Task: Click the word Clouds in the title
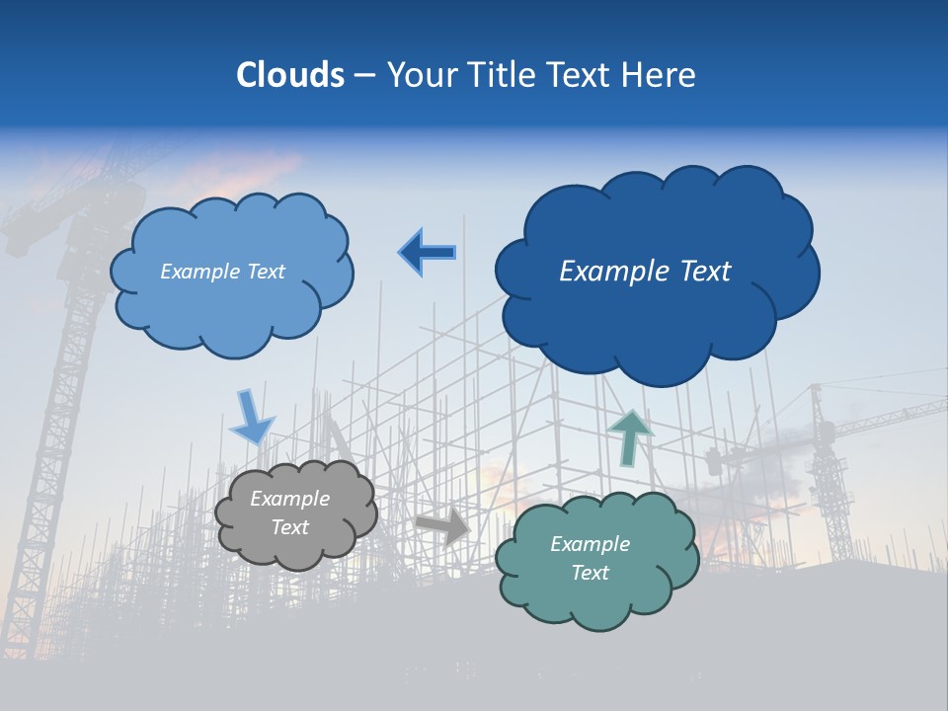coord(290,75)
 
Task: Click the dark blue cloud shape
coord(657,326)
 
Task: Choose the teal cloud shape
coord(596,602)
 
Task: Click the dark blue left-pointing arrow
coord(427,253)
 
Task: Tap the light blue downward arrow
coord(251,416)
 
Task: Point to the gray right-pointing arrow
coord(443,526)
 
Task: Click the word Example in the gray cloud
coord(289,499)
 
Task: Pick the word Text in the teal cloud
coord(590,573)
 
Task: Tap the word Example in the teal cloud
coord(590,544)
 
